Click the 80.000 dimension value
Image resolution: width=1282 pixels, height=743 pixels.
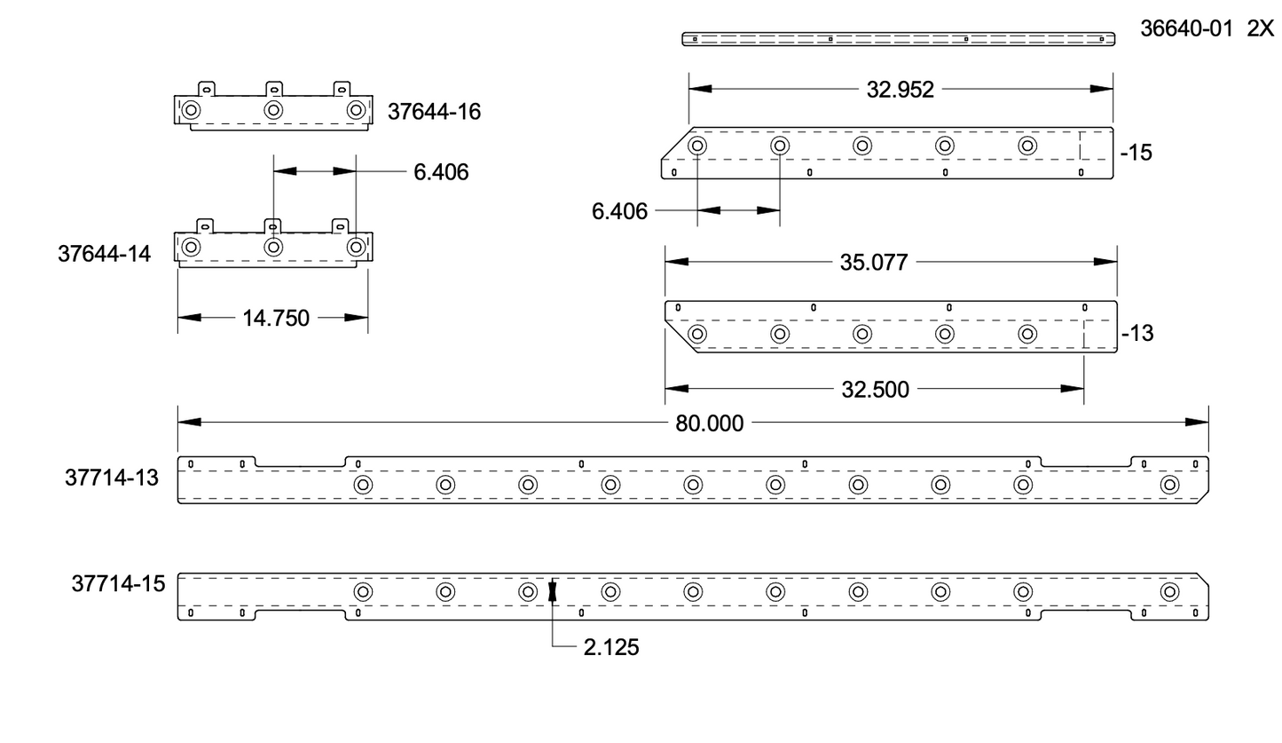point(709,423)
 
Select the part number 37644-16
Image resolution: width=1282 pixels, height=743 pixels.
point(434,112)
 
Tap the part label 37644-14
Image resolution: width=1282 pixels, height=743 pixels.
point(105,254)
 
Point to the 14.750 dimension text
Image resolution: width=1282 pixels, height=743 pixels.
point(276,318)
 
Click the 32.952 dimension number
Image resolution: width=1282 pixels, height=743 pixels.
point(900,90)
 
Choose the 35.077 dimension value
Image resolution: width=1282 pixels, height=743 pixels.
point(874,263)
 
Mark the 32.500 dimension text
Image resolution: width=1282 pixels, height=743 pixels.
point(875,390)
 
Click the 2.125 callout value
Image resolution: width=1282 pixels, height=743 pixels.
point(611,648)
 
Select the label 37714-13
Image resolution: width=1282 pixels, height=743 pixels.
point(112,478)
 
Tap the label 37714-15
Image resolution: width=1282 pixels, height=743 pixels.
point(118,584)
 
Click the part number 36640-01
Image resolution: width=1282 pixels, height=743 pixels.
point(1186,28)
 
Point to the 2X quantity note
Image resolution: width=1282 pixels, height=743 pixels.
point(1260,28)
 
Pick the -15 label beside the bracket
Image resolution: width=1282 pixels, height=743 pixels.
point(1136,153)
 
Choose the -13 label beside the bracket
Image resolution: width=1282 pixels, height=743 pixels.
point(1137,334)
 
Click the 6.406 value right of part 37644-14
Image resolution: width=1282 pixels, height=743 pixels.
point(441,172)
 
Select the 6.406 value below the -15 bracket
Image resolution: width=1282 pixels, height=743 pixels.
point(619,211)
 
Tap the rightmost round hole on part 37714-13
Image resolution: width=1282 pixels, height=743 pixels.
point(1169,485)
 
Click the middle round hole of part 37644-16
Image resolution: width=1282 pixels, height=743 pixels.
point(273,110)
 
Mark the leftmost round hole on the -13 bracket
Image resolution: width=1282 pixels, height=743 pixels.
point(697,335)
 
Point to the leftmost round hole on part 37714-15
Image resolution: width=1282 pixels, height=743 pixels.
point(363,592)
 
